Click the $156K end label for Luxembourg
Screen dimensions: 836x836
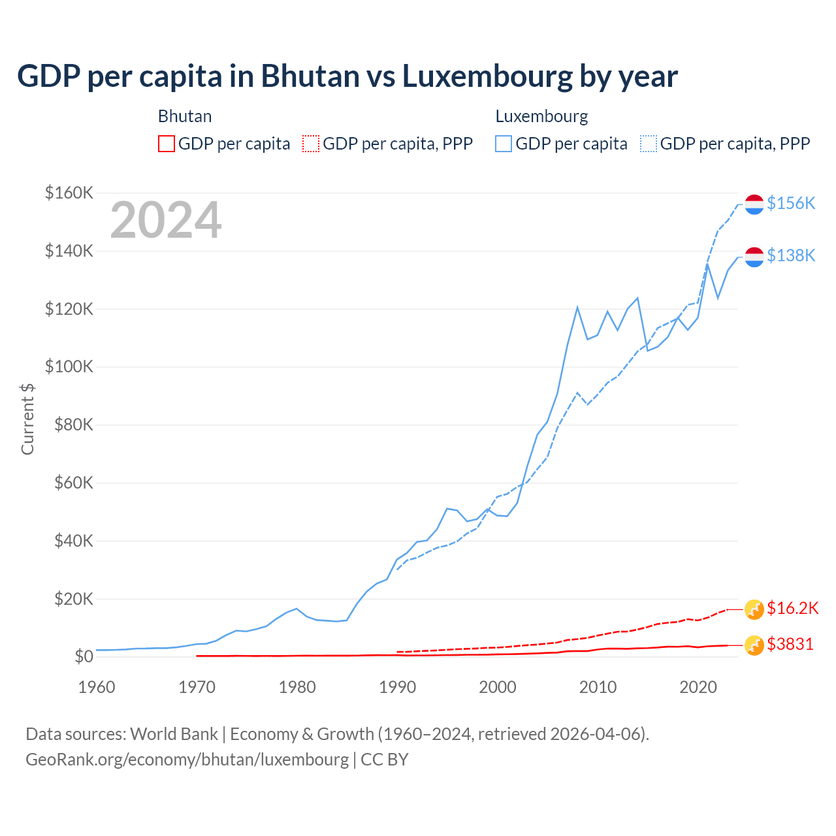(x=791, y=204)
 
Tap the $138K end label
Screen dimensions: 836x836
(x=791, y=255)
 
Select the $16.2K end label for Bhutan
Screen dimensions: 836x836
(x=792, y=609)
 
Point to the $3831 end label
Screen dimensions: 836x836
(x=790, y=645)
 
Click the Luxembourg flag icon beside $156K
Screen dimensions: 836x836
(x=754, y=204)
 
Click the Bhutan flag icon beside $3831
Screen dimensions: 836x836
(x=754, y=645)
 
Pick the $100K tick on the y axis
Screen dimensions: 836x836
(x=69, y=367)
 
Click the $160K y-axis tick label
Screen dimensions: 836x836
(x=69, y=193)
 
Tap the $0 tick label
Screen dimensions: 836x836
(x=84, y=656)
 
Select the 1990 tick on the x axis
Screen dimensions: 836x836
(x=398, y=687)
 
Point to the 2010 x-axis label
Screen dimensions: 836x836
(x=598, y=687)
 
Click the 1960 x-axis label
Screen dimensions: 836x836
(x=97, y=687)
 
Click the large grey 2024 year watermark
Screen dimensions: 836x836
(x=166, y=220)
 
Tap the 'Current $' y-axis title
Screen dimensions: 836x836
(x=27, y=419)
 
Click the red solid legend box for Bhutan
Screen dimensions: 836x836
(x=167, y=144)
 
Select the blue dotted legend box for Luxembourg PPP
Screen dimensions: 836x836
(x=649, y=144)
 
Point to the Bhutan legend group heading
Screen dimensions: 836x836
(x=185, y=116)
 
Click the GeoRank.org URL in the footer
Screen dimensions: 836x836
(x=187, y=760)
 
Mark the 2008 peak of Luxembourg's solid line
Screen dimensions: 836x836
(x=577, y=307)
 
